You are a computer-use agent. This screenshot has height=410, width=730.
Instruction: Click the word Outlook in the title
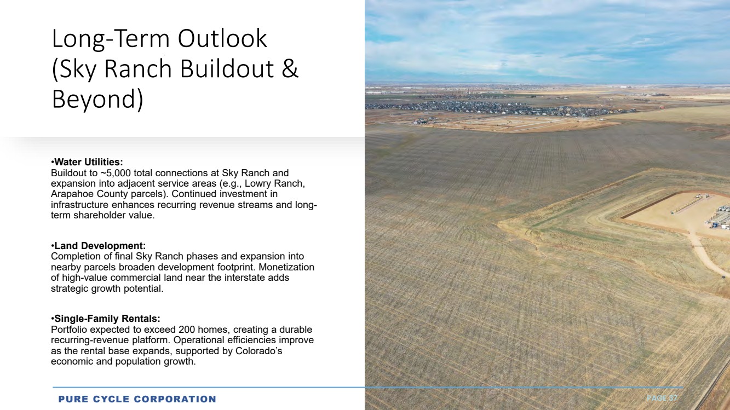tap(222, 38)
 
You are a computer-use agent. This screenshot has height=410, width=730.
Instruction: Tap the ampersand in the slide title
tap(289, 68)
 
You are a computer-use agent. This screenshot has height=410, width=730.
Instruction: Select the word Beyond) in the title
tap(97, 99)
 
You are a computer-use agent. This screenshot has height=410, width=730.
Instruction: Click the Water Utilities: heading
tap(87, 162)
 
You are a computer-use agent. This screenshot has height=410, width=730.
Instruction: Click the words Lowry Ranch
tap(274, 184)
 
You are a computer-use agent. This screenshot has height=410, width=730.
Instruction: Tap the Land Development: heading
tap(99, 246)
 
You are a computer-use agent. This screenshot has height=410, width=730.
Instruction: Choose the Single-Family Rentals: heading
tap(106, 319)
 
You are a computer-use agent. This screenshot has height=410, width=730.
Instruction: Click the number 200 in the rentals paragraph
tap(187, 330)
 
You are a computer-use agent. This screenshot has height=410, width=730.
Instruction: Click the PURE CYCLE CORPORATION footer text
tap(137, 399)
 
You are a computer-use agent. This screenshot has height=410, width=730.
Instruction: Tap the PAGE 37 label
tap(662, 398)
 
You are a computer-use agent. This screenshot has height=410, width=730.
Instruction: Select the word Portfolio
tap(69, 330)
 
